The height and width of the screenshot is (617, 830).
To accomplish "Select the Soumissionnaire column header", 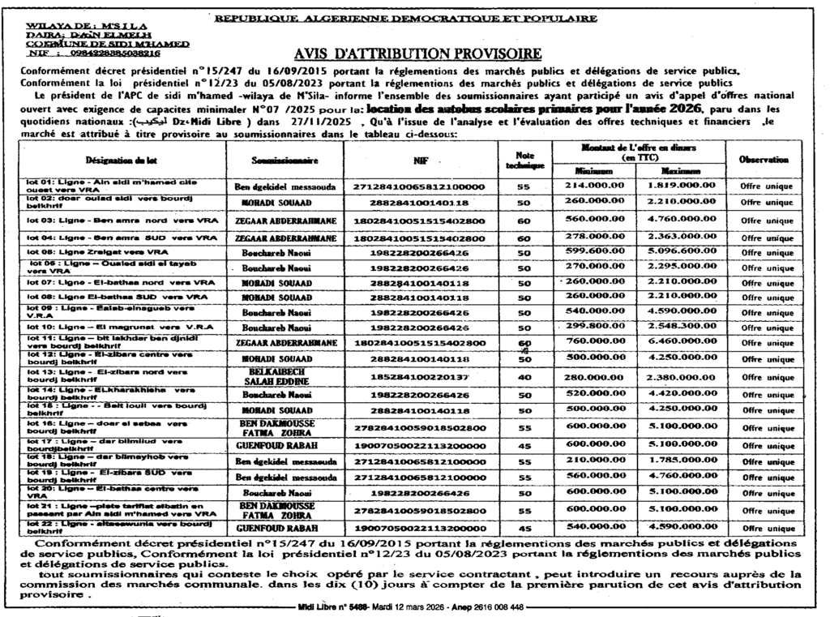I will coord(278,161).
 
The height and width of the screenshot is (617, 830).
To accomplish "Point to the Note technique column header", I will coord(524,160).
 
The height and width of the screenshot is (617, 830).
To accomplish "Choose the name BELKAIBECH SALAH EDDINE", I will coord(279,375).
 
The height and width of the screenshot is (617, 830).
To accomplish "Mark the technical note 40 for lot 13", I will coord(524,376).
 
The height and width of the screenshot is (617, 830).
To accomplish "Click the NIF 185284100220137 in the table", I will coord(420,377).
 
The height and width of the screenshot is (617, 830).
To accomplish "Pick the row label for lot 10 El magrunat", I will coord(114,326).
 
